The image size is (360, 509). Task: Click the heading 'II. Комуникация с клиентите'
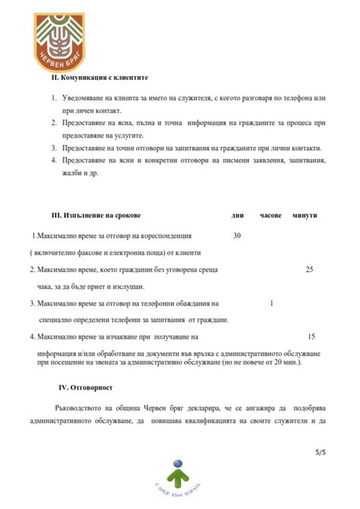(99, 78)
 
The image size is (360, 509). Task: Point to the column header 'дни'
(237, 216)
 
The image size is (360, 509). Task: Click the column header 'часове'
(270, 216)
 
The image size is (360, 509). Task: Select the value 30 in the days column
(236, 236)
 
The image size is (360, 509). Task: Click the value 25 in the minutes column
(309, 270)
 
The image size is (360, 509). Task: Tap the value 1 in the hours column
(271, 303)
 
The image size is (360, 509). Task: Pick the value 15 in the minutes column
(311, 336)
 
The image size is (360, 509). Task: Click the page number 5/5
(320, 453)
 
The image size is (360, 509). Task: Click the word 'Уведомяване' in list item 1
(87, 100)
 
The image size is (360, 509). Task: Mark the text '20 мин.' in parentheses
(285, 362)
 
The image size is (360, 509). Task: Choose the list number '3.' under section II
(53, 148)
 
